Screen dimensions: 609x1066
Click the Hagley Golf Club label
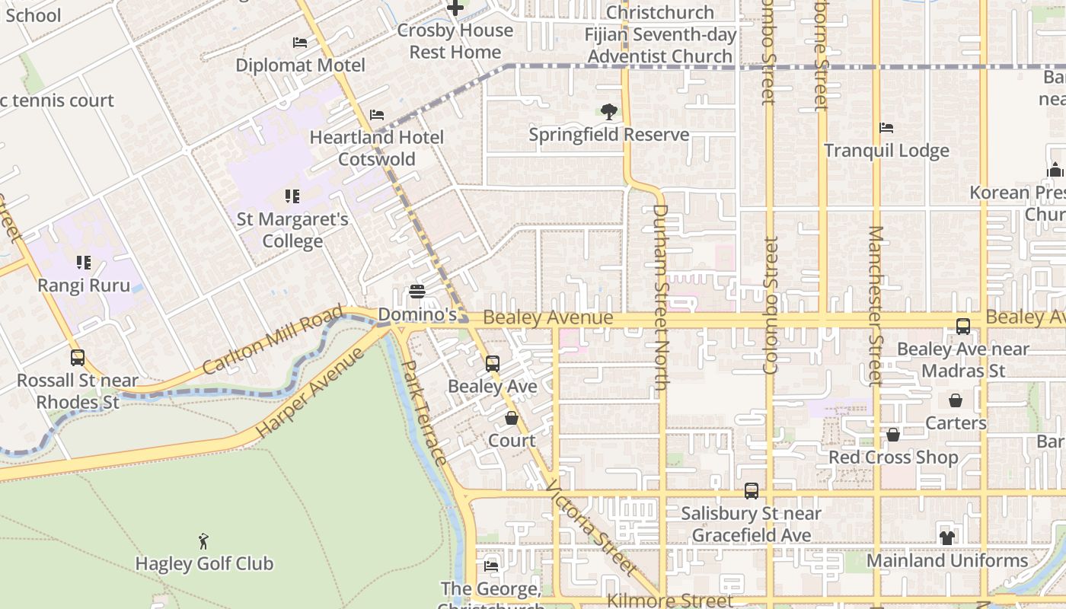pyautogui.click(x=204, y=564)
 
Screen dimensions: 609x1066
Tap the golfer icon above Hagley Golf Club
pyautogui.click(x=203, y=542)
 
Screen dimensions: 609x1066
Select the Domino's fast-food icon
pyautogui.click(x=417, y=292)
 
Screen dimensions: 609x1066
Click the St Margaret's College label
pyautogui.click(x=292, y=231)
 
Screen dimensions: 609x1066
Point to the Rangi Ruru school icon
pyautogui.click(x=84, y=263)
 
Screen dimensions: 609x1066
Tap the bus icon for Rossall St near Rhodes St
pyautogui.click(x=77, y=358)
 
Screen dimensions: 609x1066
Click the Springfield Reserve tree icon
pyautogui.click(x=608, y=113)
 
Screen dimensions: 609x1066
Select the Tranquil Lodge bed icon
pyautogui.click(x=886, y=128)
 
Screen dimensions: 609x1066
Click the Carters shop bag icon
pyautogui.click(x=956, y=400)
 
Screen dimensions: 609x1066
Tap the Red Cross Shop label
pyautogui.click(x=893, y=458)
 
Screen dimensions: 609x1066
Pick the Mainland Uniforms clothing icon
pyautogui.click(x=947, y=537)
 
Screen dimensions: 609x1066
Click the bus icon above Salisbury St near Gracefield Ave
pyautogui.click(x=752, y=491)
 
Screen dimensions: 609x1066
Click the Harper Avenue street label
pyautogui.click(x=310, y=393)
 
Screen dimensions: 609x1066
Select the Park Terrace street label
pyautogui.click(x=424, y=412)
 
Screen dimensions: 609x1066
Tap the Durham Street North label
pyautogui.click(x=660, y=297)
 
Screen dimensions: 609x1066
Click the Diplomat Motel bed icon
pyautogui.click(x=300, y=43)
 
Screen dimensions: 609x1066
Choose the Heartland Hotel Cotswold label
pyautogui.click(x=376, y=148)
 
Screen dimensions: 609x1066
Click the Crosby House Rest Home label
pyautogui.click(x=455, y=41)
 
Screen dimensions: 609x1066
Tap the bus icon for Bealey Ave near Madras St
pyautogui.click(x=963, y=327)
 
